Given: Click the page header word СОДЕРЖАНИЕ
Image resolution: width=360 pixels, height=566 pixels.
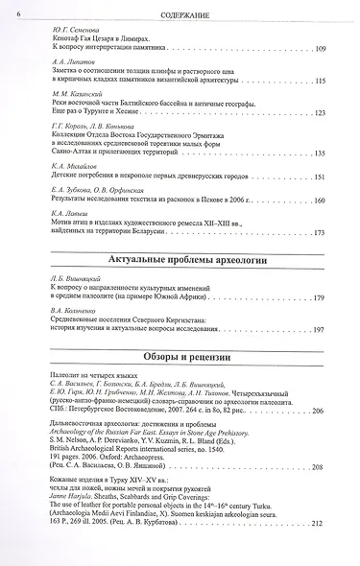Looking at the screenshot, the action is pyautogui.click(x=181, y=12).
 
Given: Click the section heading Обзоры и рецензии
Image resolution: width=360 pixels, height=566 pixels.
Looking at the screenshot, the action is pyautogui.click(x=180, y=357).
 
